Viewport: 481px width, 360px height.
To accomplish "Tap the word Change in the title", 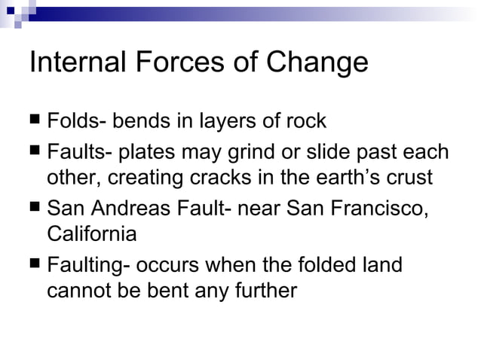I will (319, 63).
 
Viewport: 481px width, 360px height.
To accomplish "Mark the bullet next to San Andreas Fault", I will (35, 207).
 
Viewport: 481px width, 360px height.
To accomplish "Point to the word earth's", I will (347, 178).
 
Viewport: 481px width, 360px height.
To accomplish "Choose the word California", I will (92, 234).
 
